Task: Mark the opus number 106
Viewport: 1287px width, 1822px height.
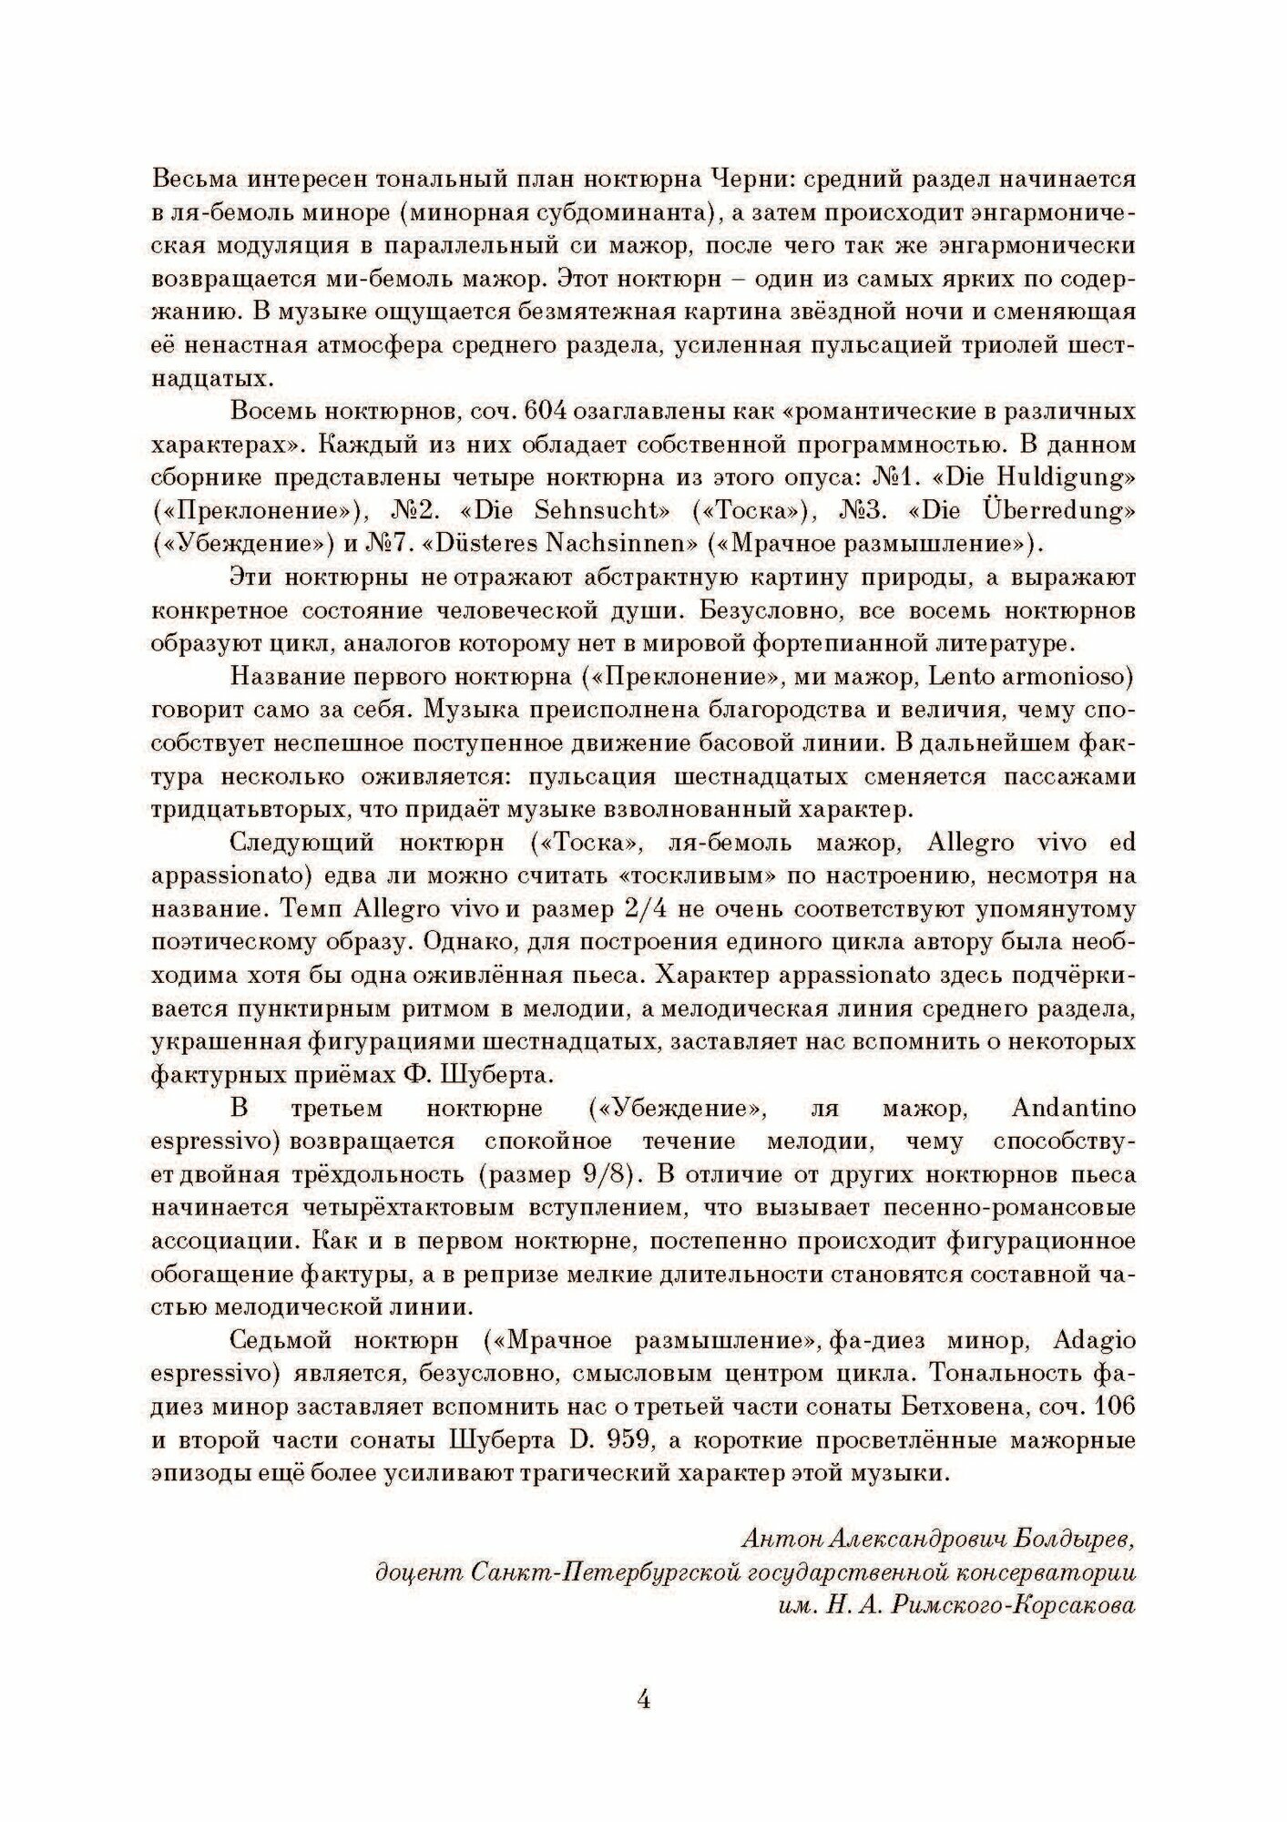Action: click(1116, 1407)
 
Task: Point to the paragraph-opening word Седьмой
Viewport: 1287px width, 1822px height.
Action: click(287, 1341)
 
